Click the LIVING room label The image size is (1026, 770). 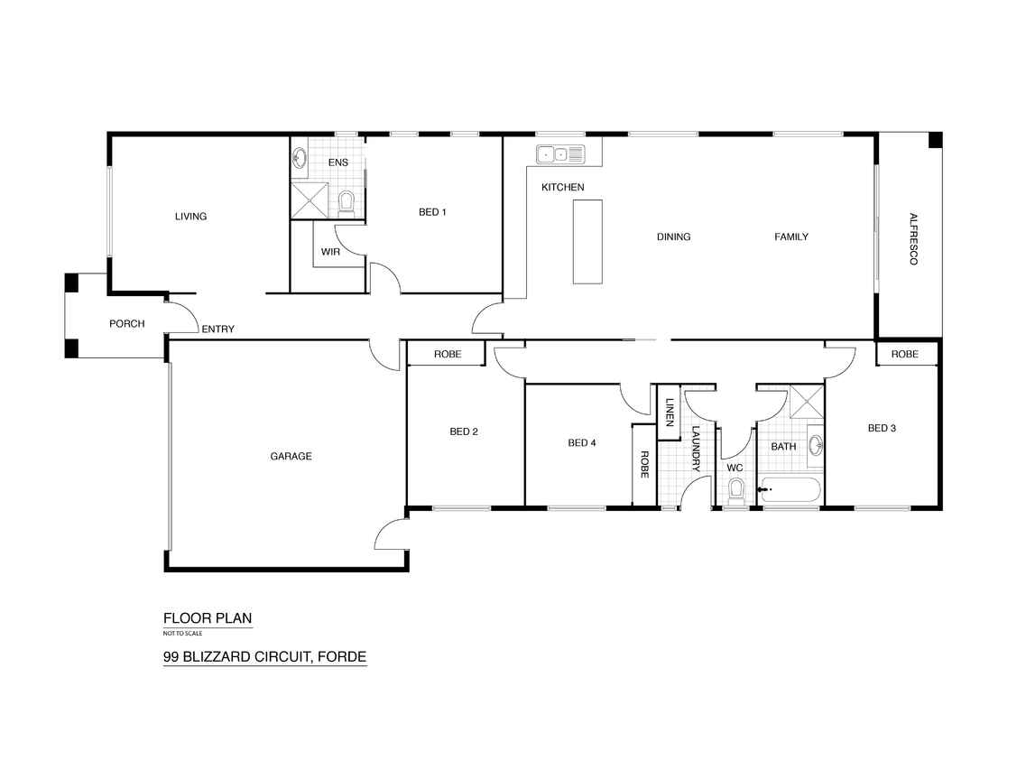(190, 216)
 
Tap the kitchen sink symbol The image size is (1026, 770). (560, 154)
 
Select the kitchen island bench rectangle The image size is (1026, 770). (587, 242)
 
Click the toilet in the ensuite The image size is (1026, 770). (347, 204)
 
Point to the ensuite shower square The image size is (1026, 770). (309, 199)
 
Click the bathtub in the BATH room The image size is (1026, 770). (790, 490)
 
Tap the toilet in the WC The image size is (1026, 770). (736, 492)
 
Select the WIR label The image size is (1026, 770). (330, 252)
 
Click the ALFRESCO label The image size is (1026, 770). (913, 239)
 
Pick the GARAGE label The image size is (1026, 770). (291, 456)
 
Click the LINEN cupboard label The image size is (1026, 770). (670, 413)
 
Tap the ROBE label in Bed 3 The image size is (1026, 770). (905, 354)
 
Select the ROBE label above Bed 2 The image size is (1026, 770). (448, 354)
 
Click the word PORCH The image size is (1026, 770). (127, 323)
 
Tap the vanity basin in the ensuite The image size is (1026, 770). (300, 159)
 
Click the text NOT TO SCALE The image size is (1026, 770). (182, 633)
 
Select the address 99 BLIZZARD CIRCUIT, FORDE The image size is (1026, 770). (264, 657)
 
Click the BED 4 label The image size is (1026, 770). (582, 442)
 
